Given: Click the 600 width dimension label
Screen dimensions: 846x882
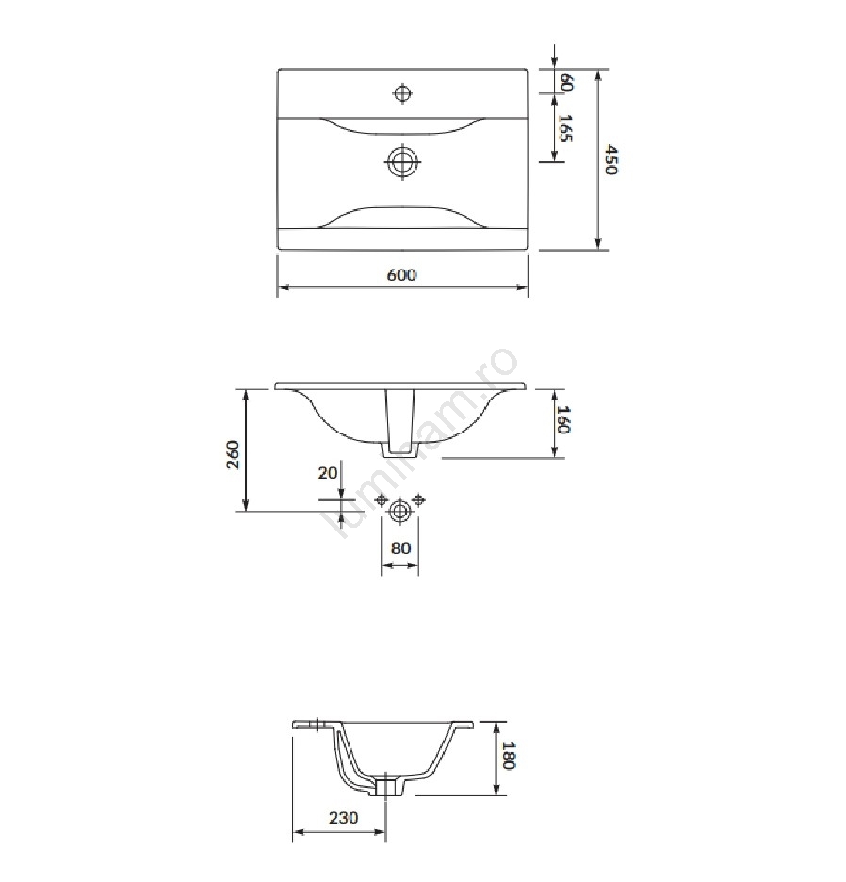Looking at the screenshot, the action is (x=401, y=275).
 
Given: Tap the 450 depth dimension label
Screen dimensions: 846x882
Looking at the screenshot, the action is (x=611, y=160).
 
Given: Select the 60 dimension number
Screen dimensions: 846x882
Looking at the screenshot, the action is (x=566, y=82).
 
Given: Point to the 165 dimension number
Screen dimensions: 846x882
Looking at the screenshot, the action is (x=565, y=128).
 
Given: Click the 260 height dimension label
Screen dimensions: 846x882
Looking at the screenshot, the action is (x=233, y=454).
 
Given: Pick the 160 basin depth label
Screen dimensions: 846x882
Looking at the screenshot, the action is (x=563, y=419).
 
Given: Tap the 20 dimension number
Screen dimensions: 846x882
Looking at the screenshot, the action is (x=328, y=472).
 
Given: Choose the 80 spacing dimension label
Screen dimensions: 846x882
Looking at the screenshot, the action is (x=400, y=547).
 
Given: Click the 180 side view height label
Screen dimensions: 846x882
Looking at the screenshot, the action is (x=509, y=755).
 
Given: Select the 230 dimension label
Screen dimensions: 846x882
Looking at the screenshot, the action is (x=343, y=817).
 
